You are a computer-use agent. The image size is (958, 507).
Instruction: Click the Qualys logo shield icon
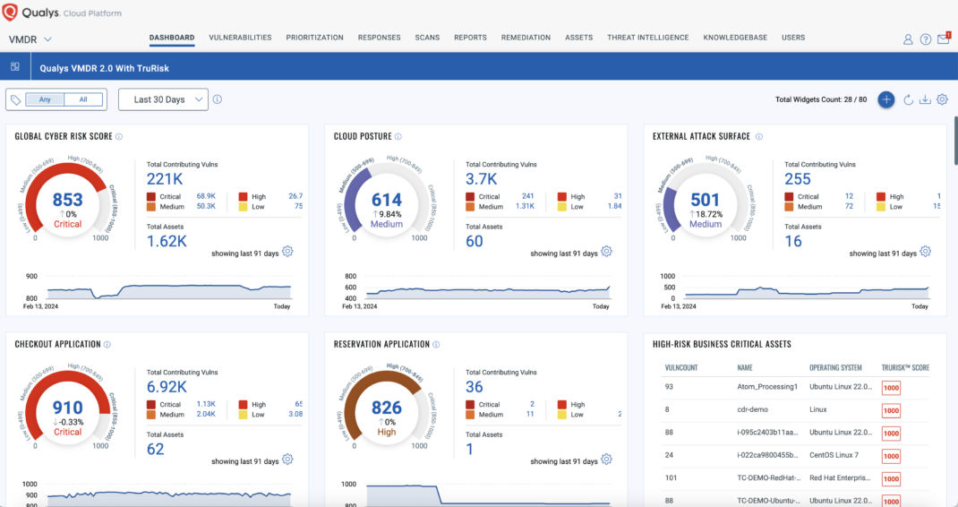[11, 13]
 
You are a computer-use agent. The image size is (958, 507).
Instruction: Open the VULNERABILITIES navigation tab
[240, 38]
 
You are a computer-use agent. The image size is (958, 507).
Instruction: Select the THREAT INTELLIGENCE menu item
[647, 38]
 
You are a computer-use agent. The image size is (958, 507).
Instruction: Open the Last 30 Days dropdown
[163, 99]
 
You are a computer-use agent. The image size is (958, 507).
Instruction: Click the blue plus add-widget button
[885, 99]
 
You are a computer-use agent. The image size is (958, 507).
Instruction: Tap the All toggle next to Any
[83, 99]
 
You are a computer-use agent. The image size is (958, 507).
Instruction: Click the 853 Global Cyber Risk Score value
[67, 201]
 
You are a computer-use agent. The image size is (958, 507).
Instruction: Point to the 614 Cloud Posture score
[387, 201]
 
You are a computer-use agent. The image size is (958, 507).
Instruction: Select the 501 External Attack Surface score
[706, 201]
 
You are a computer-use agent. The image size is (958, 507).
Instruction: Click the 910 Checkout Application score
[67, 408]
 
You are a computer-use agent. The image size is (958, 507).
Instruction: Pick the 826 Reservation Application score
[387, 408]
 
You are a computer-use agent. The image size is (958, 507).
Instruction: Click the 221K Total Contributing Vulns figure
[165, 178]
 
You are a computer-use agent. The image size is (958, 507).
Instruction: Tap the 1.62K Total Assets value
[167, 241]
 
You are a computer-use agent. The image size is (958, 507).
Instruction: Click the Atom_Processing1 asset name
[766, 387]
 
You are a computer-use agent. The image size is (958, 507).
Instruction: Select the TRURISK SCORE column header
[904, 367]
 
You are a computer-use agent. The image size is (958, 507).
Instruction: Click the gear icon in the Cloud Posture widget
[606, 252]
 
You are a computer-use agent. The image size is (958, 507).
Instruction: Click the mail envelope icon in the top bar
[943, 39]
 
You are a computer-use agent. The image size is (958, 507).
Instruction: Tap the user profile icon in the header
[908, 39]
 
